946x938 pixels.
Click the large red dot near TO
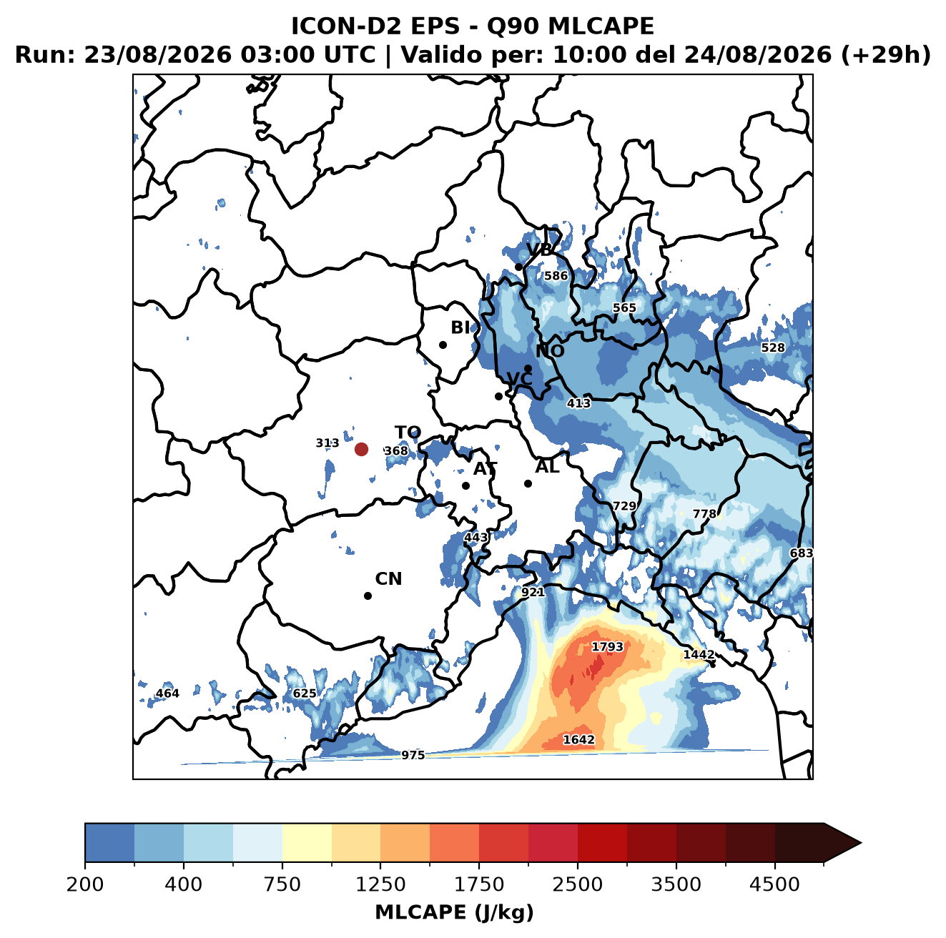click(361, 449)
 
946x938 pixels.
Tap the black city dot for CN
click(368, 596)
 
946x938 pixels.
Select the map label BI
click(460, 327)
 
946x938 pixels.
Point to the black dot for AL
click(527, 483)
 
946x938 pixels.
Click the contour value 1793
click(607, 646)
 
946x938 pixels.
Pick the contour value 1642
click(578, 739)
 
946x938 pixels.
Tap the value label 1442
click(698, 654)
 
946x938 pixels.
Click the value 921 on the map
click(532, 592)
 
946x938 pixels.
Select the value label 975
click(413, 755)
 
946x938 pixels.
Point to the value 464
click(167, 693)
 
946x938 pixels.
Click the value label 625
click(304, 693)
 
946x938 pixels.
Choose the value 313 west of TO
click(327, 443)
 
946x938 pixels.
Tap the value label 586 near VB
click(555, 275)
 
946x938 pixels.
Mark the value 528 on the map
click(772, 347)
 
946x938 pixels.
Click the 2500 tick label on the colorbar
click(577, 884)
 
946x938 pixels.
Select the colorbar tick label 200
click(85, 884)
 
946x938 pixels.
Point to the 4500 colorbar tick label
click(774, 884)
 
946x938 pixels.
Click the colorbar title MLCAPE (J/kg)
click(454, 912)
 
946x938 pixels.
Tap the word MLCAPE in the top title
click(601, 26)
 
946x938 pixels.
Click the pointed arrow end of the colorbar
click(860, 843)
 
